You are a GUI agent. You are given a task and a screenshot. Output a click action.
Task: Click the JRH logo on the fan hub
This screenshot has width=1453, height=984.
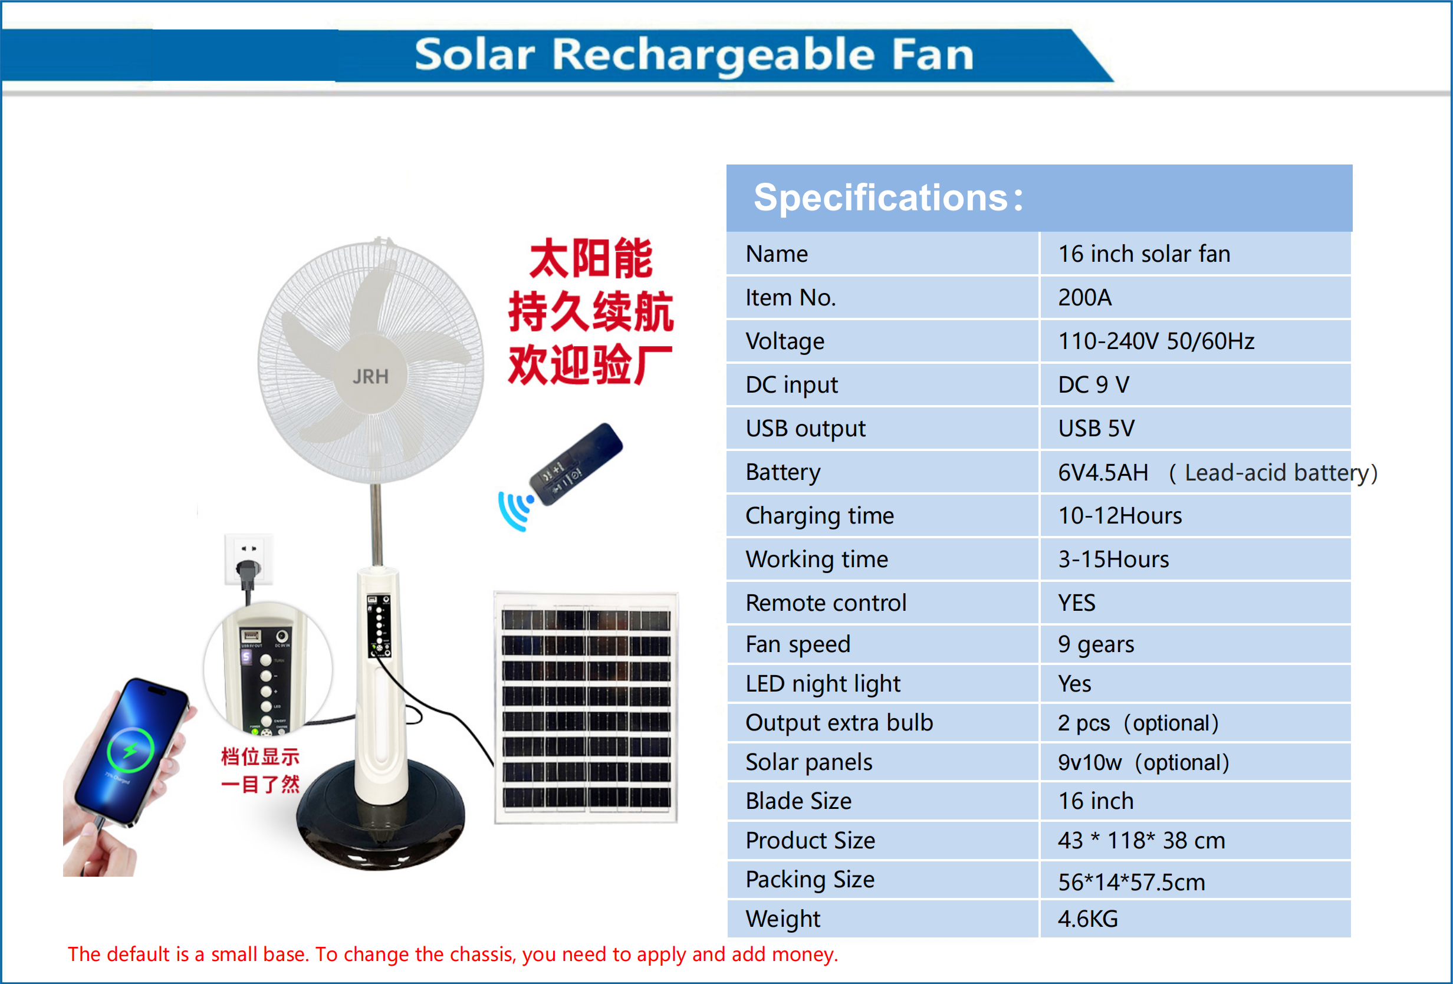(x=370, y=376)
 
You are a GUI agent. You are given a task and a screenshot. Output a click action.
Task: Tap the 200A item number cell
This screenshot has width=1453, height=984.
(x=1085, y=298)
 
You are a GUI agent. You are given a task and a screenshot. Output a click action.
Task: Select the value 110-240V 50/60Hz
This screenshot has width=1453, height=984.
(x=1155, y=341)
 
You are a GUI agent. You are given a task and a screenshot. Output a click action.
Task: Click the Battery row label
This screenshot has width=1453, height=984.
(x=783, y=473)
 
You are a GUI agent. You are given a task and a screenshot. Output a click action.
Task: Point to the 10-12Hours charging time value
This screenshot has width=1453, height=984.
(x=1120, y=516)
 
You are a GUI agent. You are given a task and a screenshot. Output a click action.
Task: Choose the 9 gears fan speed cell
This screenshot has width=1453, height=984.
(x=1096, y=644)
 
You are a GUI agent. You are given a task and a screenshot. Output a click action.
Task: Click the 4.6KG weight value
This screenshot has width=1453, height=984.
(x=1088, y=919)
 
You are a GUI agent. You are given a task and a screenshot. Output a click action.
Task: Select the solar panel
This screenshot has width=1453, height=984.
(x=586, y=707)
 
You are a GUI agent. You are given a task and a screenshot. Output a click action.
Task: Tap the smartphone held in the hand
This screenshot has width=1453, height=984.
(x=132, y=750)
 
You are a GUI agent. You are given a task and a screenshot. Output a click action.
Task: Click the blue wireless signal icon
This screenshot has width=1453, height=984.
(x=515, y=509)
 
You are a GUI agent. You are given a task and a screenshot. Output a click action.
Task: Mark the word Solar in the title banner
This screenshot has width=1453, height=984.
(x=475, y=55)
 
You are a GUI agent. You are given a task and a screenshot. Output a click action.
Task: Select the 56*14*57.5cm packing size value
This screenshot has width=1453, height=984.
(x=1131, y=882)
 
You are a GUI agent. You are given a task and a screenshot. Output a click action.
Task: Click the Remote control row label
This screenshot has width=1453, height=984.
(x=826, y=603)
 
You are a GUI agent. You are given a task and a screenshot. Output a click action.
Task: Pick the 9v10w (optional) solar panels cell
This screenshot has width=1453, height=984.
(x=1143, y=763)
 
